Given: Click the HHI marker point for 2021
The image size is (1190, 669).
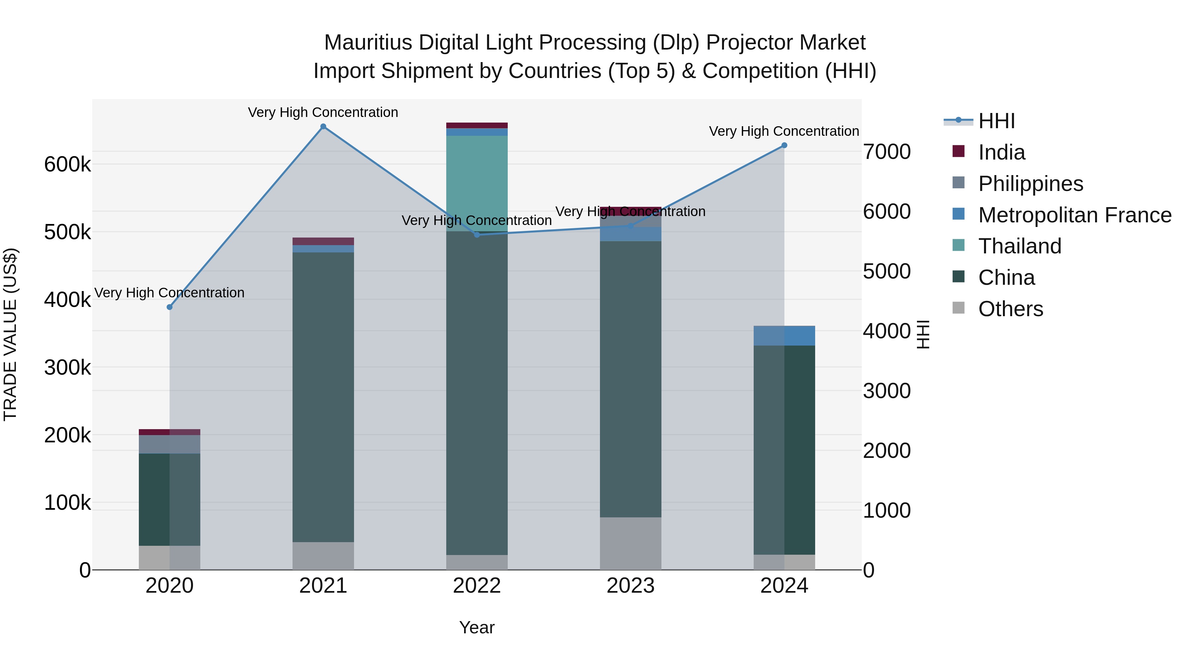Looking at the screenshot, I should click(x=323, y=127).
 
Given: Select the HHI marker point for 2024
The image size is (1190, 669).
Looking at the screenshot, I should click(x=784, y=145).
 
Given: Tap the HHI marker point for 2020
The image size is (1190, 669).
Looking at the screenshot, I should click(x=170, y=307).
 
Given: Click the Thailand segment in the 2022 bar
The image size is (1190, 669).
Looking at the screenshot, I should click(x=477, y=183).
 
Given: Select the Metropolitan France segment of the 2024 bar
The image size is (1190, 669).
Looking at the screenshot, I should click(x=784, y=336).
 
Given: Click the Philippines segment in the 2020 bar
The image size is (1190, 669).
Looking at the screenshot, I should click(x=170, y=444).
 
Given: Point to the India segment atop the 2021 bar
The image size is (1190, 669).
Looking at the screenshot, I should click(x=323, y=242).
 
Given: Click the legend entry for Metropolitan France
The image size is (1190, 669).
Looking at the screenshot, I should click(x=1075, y=215).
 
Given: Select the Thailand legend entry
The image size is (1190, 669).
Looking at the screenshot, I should click(x=1019, y=246).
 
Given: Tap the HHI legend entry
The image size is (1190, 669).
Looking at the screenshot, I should click(x=996, y=121).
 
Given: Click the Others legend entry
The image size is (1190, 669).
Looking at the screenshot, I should click(x=1010, y=309).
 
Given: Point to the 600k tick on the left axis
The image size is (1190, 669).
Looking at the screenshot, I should click(x=67, y=165).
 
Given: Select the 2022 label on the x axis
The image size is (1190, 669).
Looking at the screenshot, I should click(x=477, y=586).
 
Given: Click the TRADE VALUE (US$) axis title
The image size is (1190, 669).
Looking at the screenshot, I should click(x=10, y=334).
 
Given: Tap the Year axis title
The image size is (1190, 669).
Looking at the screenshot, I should click(x=477, y=627).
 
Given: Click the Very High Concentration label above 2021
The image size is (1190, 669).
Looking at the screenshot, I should click(x=323, y=112).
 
